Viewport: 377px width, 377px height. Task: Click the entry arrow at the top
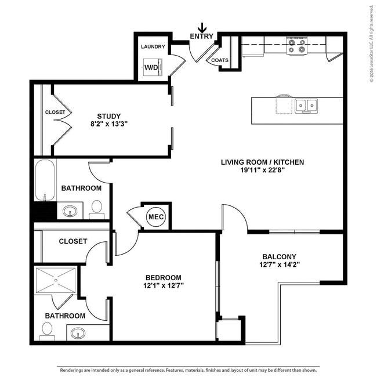pyautogui.click(x=202, y=28)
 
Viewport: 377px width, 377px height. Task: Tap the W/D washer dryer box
pyautogui.click(x=153, y=67)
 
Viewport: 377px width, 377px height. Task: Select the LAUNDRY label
pyautogui.click(x=153, y=46)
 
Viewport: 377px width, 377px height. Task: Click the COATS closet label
pyautogui.click(x=219, y=60)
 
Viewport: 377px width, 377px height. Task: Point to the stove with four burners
pyautogui.click(x=296, y=46)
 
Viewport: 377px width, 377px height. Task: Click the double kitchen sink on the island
pyautogui.click(x=306, y=106)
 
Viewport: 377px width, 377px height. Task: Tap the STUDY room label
pyautogui.click(x=108, y=115)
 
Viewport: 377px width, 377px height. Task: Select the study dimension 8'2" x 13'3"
pyautogui.click(x=108, y=124)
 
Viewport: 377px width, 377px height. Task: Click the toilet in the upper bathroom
pyautogui.click(x=97, y=209)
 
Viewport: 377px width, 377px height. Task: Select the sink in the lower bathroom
pyautogui.click(x=77, y=333)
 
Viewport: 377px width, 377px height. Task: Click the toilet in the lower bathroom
pyautogui.click(x=47, y=331)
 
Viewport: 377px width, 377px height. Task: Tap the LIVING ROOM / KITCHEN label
pyautogui.click(x=262, y=162)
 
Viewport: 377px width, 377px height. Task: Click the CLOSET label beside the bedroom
pyautogui.click(x=72, y=241)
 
